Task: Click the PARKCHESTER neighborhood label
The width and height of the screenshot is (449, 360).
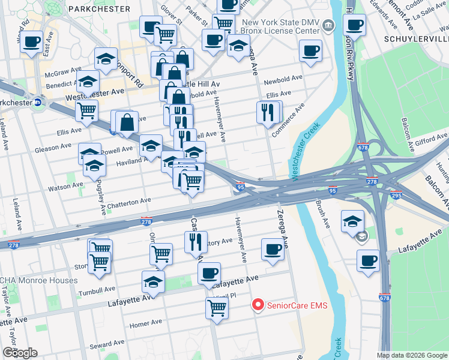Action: coord(99,8)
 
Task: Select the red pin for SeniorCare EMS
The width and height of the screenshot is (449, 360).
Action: coord(258,305)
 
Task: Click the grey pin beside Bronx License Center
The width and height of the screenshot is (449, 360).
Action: coord(328,25)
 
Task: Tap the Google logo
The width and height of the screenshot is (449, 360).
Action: coord(19,353)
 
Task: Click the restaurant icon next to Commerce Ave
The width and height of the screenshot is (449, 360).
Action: coord(268,112)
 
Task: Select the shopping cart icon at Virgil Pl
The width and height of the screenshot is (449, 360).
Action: coord(217,308)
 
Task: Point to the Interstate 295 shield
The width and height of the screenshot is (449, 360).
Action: coord(397,196)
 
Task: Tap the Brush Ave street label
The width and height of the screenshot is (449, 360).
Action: coord(323,214)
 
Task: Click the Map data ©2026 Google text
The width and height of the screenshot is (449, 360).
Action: coord(411,355)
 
